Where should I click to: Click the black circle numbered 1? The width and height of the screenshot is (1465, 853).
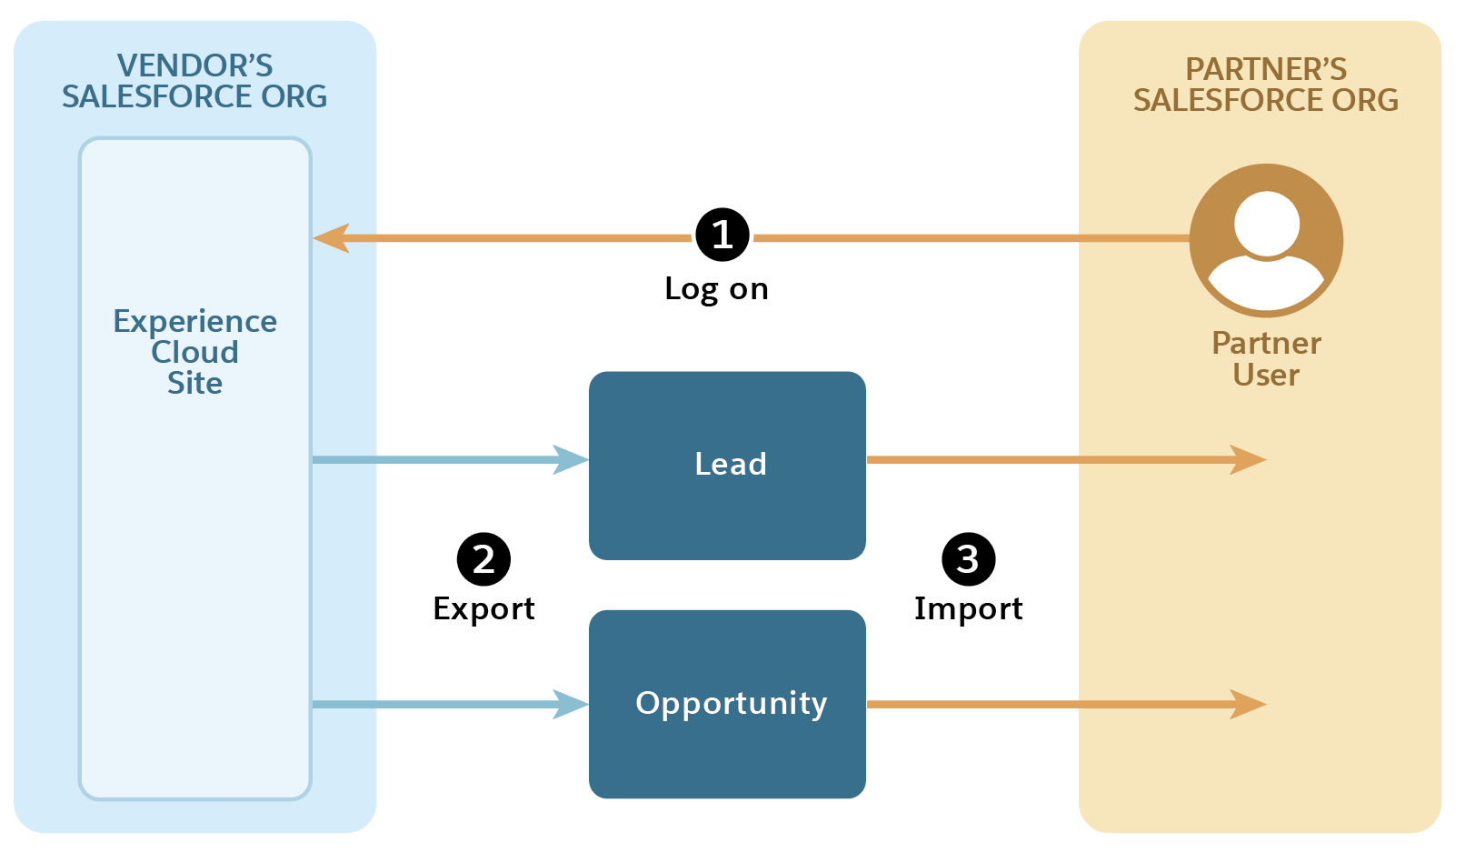(723, 235)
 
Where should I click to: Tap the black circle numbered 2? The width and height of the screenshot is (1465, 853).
(483, 559)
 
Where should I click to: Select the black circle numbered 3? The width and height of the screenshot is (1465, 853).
(968, 559)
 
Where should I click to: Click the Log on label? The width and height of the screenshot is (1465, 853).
(716, 289)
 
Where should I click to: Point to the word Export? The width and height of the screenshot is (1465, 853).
(483, 608)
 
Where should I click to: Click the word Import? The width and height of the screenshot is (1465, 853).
(968, 608)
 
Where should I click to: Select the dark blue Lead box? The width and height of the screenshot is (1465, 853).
(727, 465)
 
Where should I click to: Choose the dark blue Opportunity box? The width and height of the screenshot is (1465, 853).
(727, 704)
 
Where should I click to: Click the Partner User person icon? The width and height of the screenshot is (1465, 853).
(1266, 240)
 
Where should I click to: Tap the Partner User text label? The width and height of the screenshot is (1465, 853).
(1266, 358)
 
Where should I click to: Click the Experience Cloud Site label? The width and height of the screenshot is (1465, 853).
(194, 352)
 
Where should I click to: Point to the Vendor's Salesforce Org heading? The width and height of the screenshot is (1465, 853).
(194, 81)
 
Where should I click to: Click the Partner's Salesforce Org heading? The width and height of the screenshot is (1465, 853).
(1265, 85)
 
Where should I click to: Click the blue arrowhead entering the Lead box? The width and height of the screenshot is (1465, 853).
(571, 459)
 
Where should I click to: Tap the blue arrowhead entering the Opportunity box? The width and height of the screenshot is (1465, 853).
(571, 704)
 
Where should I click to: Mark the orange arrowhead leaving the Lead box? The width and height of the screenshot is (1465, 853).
(1249, 459)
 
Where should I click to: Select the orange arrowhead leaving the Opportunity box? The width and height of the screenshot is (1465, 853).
(1249, 704)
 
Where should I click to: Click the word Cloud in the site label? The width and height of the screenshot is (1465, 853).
(194, 352)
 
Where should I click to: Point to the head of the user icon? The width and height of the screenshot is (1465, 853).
(1267, 223)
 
